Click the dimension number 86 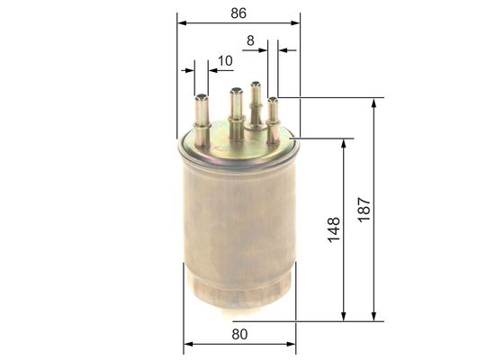coord(238,13)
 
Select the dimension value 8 coord(250,40)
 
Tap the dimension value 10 coord(224,60)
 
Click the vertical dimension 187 coord(363,209)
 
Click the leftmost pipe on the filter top coord(202,121)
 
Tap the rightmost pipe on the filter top coord(273,115)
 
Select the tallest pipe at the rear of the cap coord(256,104)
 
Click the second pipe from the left coord(236,112)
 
